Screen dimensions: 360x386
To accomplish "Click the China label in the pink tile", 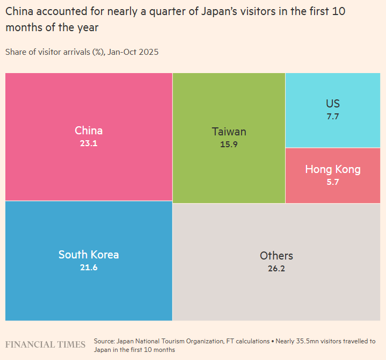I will point(89,131).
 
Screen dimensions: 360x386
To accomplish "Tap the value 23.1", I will point(89,143).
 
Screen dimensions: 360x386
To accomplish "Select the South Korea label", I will point(89,255).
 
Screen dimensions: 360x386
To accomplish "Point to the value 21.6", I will point(89,268).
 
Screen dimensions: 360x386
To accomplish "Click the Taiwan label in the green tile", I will point(229,132).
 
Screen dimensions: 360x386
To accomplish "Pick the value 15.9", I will point(229,145).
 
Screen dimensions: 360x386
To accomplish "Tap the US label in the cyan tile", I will point(333,104).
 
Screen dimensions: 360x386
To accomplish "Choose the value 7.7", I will point(333,116).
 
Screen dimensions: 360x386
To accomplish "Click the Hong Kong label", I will point(333,170).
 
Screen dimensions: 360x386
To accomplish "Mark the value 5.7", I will point(333,182).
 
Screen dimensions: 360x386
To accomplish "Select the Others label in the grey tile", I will point(276,256).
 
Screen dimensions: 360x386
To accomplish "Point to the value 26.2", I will point(276,268).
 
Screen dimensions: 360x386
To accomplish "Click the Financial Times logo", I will point(45,344).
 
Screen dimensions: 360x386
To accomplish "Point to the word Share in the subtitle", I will point(17,52).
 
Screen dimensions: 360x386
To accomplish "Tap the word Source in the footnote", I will point(104,341).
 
